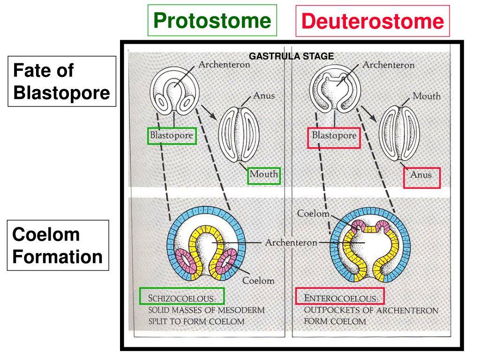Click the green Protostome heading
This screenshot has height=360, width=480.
click(212, 20)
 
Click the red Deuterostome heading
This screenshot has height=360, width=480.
click(373, 21)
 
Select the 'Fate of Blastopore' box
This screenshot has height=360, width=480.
click(61, 82)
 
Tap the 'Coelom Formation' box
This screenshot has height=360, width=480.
click(58, 246)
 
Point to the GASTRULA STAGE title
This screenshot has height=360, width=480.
click(291, 56)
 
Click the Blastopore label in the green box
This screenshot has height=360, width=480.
click(171, 136)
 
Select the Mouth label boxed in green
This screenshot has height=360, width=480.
click(264, 175)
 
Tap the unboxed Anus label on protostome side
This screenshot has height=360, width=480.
click(264, 95)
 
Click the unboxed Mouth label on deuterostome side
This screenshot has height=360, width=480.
click(427, 96)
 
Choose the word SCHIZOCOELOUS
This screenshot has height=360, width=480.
click(182, 298)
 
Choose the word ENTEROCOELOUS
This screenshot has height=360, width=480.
click(341, 298)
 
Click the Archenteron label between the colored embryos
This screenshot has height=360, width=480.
click(291, 242)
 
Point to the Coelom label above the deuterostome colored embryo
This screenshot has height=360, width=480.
click(313, 213)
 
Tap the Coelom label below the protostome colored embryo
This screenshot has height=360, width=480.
click(258, 280)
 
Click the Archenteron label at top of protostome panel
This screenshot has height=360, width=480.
click(225, 65)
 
